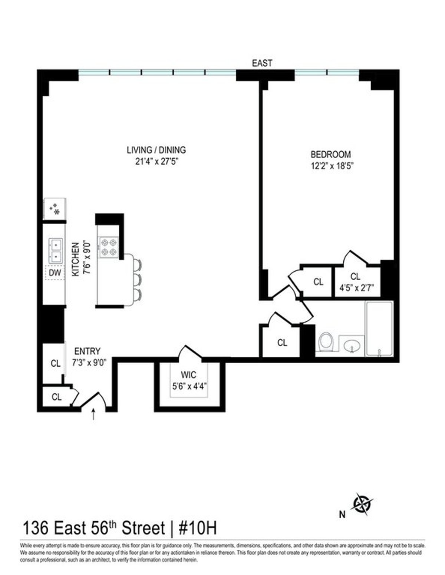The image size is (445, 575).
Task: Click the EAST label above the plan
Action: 262,63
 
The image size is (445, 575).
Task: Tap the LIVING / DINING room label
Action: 156,150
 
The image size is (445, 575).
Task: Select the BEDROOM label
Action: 330,154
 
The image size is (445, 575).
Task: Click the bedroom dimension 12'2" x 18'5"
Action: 330,166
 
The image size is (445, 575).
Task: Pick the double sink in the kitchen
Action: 55,251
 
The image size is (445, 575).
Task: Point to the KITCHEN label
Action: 75,259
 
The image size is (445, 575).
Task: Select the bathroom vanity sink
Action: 351,346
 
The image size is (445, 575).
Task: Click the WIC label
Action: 189,375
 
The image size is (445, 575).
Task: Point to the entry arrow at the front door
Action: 93,414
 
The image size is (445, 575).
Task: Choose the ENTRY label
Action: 88,351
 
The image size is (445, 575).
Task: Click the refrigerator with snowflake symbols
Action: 55,209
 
